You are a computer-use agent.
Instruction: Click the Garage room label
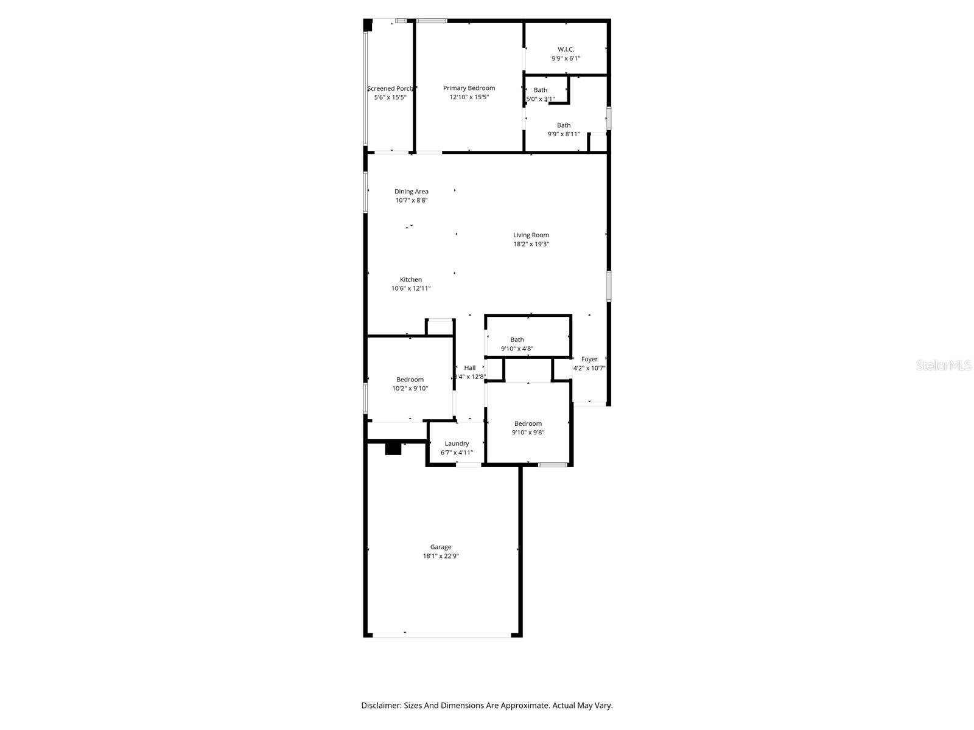pos(441,547)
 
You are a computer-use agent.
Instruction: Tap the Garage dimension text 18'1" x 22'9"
pos(441,556)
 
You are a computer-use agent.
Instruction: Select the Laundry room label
pos(457,443)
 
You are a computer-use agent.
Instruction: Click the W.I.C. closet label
pos(566,49)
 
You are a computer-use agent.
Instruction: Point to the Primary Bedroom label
pos(469,88)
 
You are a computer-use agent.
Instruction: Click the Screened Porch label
pos(390,89)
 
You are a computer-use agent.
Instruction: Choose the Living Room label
pos(531,235)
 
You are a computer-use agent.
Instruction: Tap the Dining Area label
pos(412,192)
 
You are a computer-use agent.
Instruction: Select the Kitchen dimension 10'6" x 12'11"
pos(411,288)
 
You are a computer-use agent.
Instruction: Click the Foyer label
pos(589,359)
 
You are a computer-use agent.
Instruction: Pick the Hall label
pos(470,367)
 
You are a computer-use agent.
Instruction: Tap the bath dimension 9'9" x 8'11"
pos(564,134)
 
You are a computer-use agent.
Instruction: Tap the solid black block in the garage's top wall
pos(393,449)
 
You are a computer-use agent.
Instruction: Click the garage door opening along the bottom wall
pos(441,635)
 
